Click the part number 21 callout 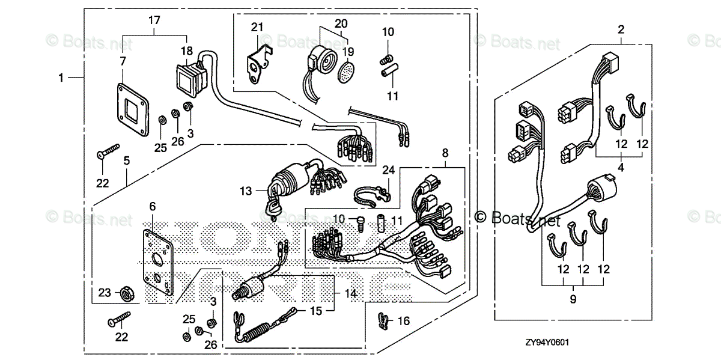(257, 27)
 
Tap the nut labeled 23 (127, 293)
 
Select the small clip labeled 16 (382, 320)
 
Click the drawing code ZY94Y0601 (546, 342)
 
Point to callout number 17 (154, 20)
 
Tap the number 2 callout (621, 28)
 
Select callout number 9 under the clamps (572, 299)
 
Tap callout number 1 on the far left (61, 77)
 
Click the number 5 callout (127, 160)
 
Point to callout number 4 (621, 168)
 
